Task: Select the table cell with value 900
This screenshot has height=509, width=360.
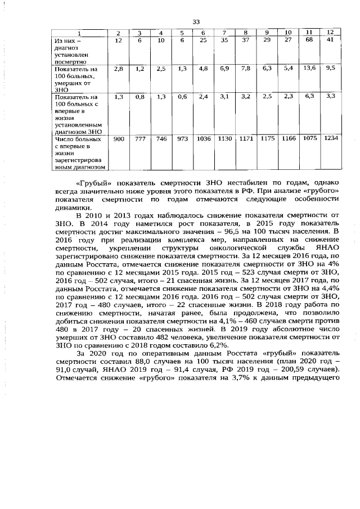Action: tap(119, 138)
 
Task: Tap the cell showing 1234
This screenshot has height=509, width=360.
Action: tap(331, 138)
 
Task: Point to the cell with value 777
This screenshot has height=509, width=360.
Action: tap(140, 138)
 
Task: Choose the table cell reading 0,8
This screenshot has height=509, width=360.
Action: tap(140, 97)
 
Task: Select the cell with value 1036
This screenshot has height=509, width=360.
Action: tap(203, 138)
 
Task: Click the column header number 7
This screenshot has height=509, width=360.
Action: tap(224, 33)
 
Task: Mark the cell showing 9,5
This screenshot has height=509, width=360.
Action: tap(331, 67)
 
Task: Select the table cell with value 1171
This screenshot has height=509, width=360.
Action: tap(245, 138)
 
